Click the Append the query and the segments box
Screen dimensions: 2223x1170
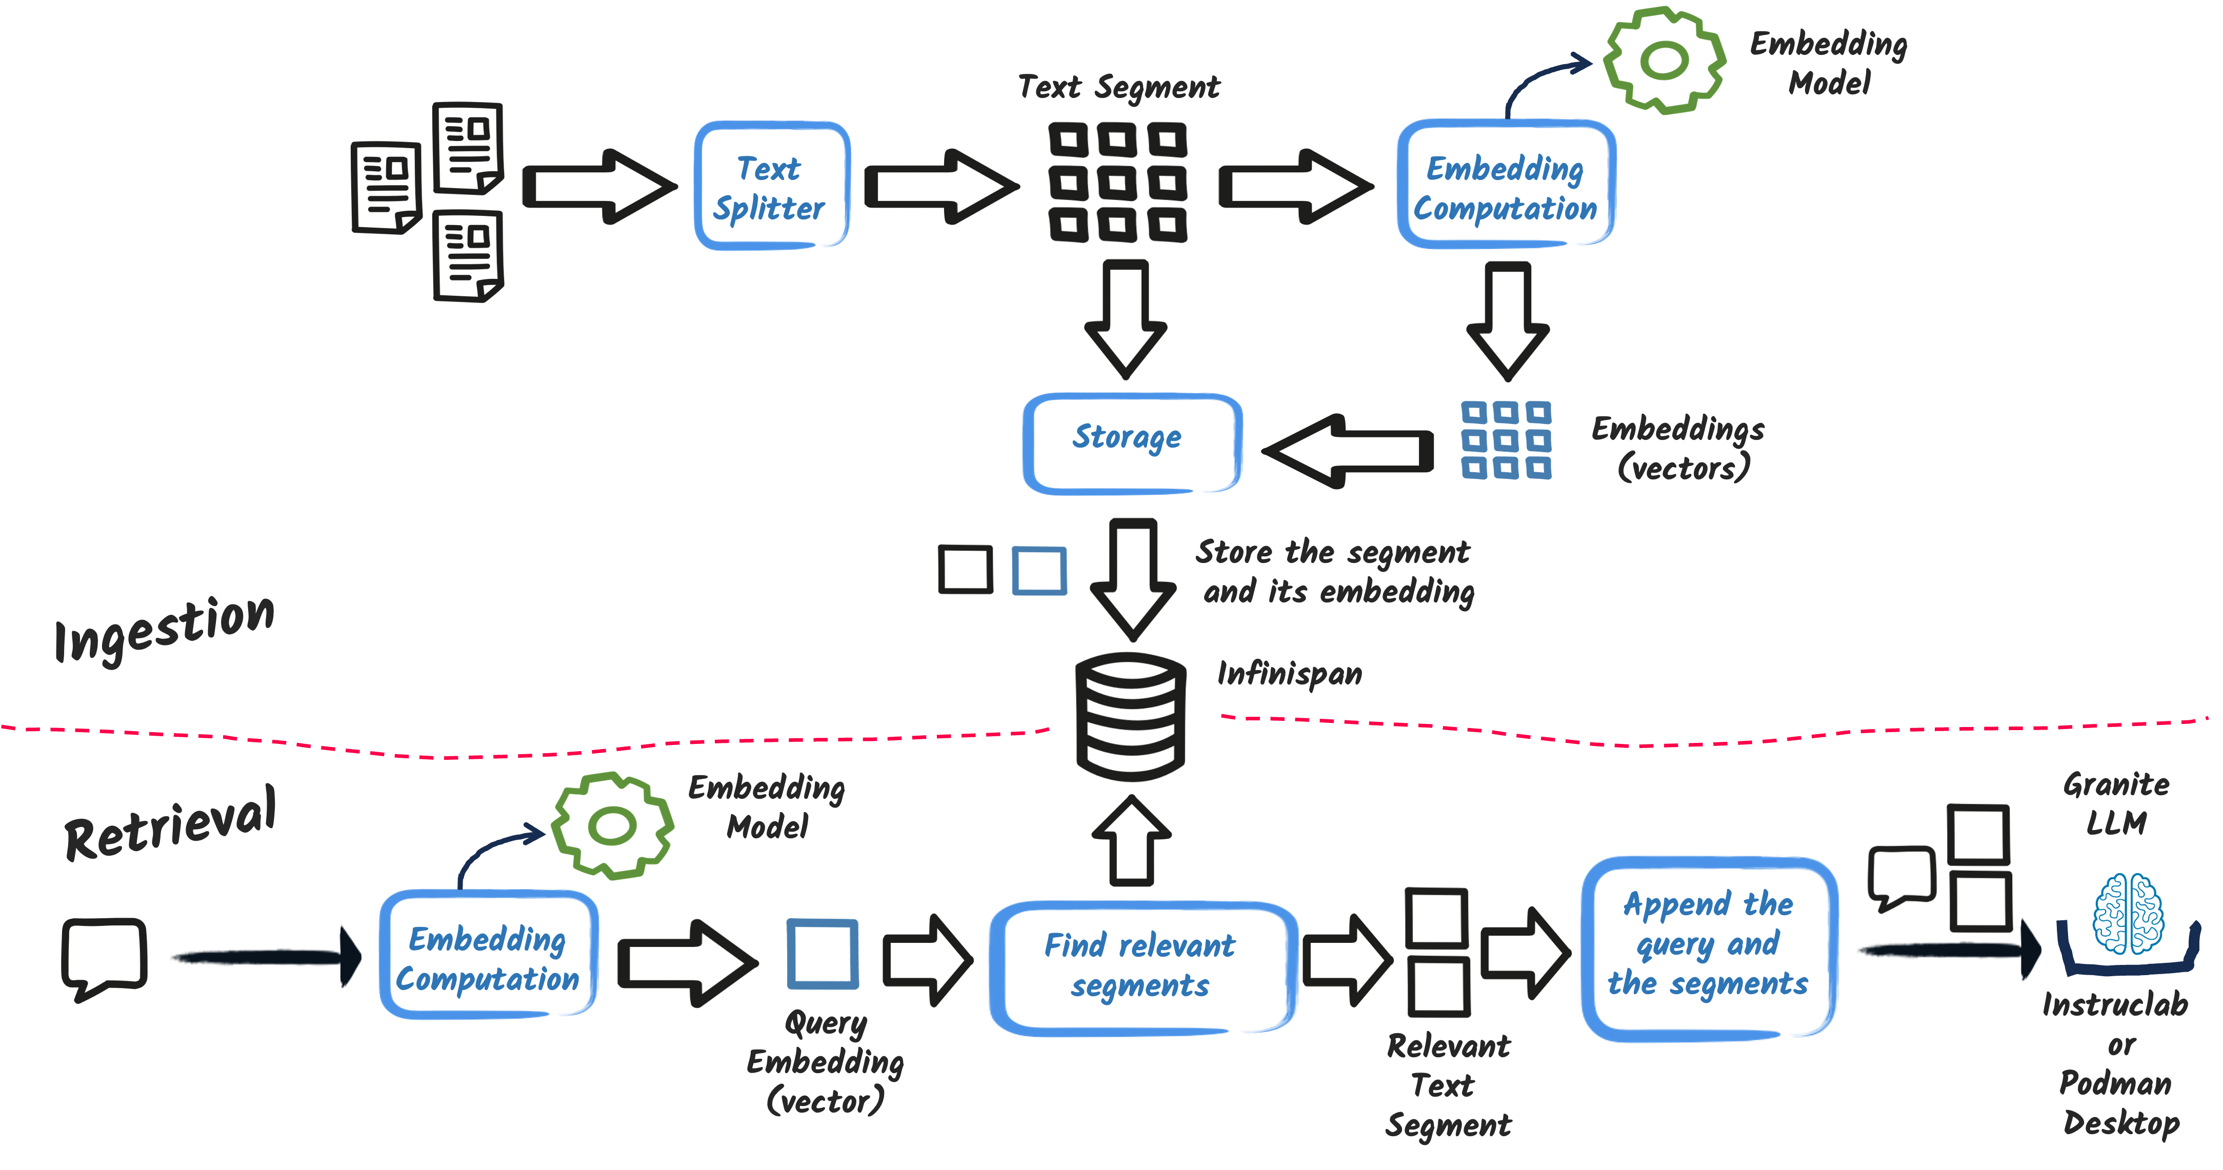point(1709,949)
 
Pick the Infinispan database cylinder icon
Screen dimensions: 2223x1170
point(1131,716)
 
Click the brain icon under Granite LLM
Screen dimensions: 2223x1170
point(2128,913)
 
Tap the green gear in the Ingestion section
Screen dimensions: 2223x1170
point(1664,60)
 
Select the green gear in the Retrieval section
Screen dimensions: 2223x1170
point(612,826)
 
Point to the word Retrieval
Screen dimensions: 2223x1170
point(171,824)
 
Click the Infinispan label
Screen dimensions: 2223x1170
point(1289,673)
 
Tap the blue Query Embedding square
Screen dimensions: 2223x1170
point(823,954)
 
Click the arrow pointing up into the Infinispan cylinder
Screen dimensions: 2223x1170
point(1131,840)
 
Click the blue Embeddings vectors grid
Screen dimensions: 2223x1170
point(1506,440)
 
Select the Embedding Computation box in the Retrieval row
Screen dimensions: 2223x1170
point(488,955)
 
